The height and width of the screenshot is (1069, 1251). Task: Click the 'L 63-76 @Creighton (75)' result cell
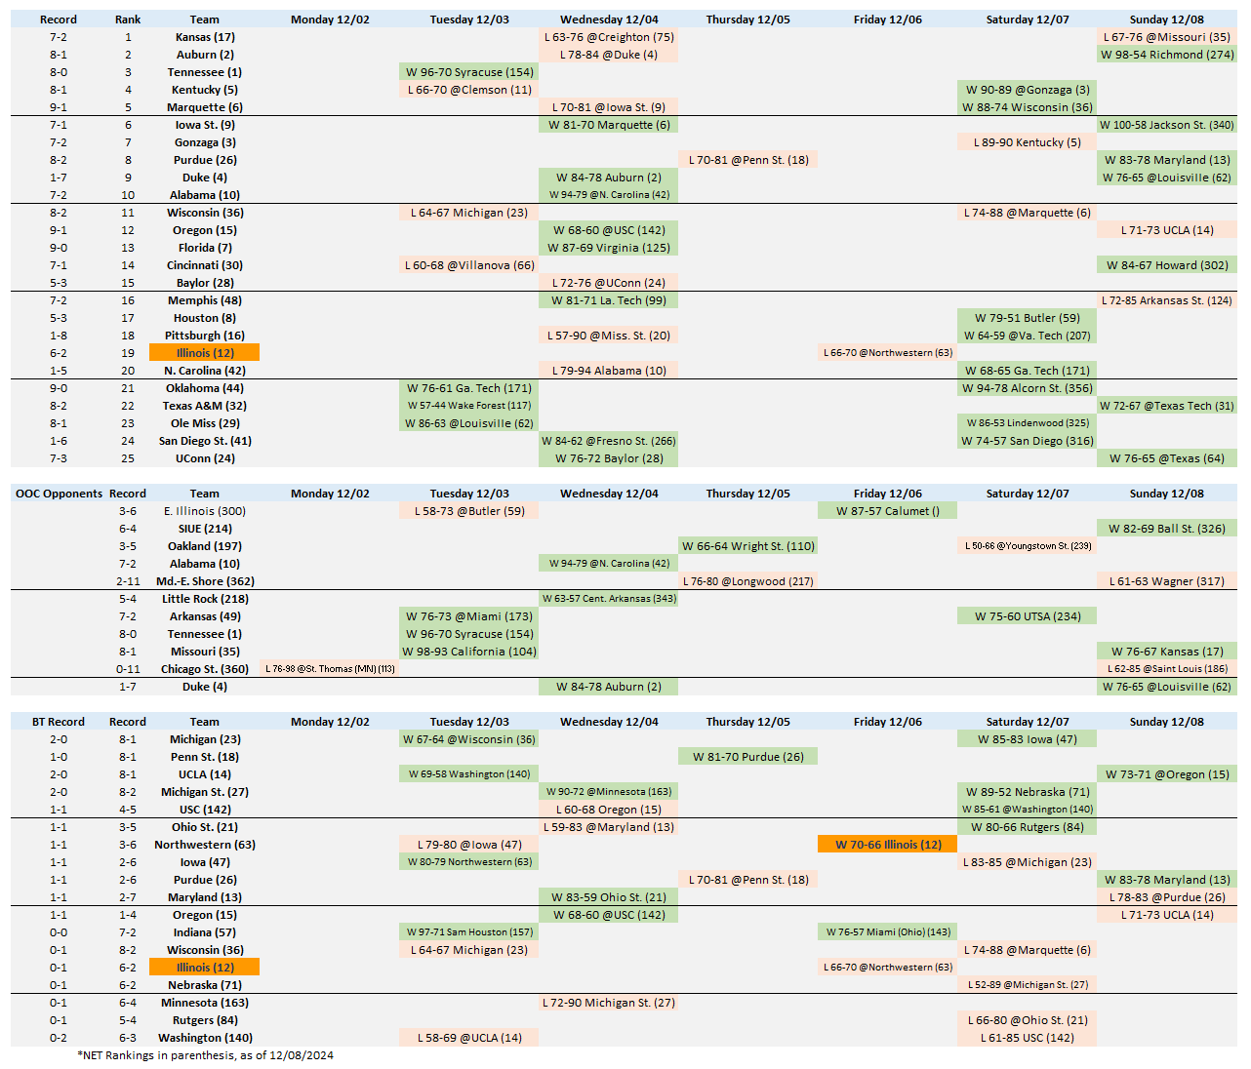609,37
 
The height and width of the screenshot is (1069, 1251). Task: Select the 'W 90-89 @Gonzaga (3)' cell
1028,90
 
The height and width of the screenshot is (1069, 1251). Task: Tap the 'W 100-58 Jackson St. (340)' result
1166,125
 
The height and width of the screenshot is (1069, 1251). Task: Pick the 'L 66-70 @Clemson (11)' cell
469,90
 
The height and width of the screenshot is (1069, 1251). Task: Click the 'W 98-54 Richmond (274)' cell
1167,55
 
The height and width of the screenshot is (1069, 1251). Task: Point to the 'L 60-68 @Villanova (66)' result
469,265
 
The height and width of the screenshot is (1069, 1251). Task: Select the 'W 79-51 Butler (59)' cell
1028,318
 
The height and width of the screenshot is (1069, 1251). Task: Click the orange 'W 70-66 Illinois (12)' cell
888,845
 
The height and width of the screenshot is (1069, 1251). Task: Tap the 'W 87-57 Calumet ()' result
888,511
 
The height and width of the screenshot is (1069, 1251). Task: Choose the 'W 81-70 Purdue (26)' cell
748,757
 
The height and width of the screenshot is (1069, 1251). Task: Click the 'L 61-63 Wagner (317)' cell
1166,581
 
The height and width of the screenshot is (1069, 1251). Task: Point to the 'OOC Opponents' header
59,494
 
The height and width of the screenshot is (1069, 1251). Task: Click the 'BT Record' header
59,722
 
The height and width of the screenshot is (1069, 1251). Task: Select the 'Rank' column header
128,20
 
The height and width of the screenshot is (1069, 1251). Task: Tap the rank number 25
128,458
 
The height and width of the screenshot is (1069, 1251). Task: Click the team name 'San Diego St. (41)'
205,441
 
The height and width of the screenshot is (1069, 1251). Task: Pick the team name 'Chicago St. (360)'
205,669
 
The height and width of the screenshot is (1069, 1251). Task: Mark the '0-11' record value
128,669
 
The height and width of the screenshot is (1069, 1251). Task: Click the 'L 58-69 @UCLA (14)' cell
469,1038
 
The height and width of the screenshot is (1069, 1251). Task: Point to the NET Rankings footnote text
205,1055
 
